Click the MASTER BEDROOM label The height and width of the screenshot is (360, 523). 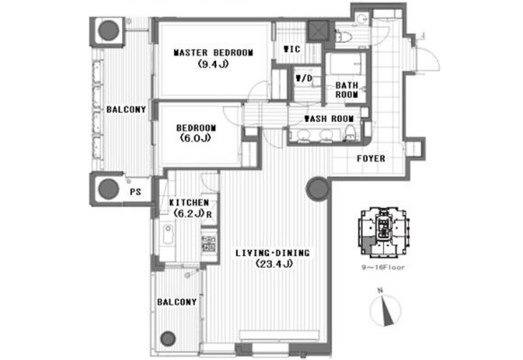tap(213, 53)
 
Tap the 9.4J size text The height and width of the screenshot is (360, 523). tap(213, 64)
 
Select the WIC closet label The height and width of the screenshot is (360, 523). tap(292, 49)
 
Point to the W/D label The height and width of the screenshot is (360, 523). tap(304, 78)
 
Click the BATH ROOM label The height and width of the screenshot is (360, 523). tap(346, 90)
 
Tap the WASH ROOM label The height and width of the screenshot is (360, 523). tap(329, 118)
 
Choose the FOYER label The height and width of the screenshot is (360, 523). tap(371, 159)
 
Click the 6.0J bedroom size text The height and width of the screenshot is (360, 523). tap(195, 138)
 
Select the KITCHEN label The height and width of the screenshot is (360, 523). tap(189, 203)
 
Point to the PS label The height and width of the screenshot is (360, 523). tap(135, 192)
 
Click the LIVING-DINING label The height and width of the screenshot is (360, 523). tap(273, 253)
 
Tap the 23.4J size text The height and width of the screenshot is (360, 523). tap(274, 264)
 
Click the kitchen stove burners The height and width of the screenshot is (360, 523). tap(209, 243)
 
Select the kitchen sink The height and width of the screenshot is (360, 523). tap(169, 233)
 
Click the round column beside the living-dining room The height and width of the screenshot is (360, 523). tap(317, 189)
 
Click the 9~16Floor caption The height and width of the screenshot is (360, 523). tap(384, 267)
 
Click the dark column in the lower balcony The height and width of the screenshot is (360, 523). tap(168, 339)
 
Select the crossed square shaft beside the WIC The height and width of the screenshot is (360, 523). tap(318, 31)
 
